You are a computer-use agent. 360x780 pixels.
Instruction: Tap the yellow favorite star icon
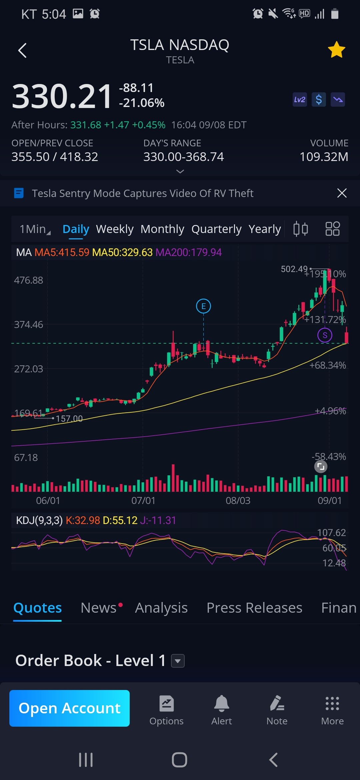336,50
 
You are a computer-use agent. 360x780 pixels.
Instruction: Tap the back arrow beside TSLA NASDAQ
22,50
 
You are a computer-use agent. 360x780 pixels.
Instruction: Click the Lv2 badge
299,100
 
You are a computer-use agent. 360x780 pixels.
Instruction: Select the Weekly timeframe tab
115,229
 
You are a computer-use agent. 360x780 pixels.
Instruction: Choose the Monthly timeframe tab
162,229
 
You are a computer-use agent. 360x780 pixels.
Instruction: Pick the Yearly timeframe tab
265,229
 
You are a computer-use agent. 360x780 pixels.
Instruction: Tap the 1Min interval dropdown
35,229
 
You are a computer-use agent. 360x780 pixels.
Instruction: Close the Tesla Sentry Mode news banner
342,193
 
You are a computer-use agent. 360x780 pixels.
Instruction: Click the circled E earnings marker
203,306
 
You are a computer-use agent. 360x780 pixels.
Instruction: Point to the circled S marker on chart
325,335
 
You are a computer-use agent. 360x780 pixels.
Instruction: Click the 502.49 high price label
294,269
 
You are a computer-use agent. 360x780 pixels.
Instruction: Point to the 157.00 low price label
69,419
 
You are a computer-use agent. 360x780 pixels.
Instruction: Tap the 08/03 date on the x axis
238,500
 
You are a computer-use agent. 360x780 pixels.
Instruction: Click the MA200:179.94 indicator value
188,252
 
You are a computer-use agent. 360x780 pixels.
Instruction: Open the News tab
99,608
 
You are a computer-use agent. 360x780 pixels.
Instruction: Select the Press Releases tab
254,608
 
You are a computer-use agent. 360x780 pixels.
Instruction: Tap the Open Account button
69,708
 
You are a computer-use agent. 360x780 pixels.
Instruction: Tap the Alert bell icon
221,704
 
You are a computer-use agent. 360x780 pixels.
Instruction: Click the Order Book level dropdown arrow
178,661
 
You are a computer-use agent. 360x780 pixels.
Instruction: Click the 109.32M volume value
324,157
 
